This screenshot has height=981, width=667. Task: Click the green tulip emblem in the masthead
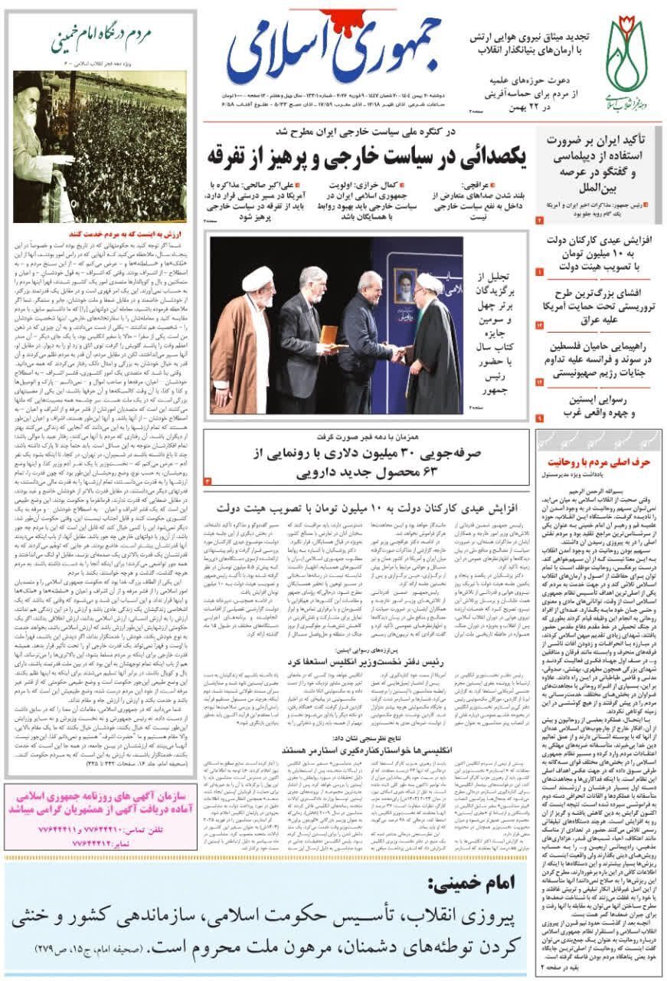click(626, 55)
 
